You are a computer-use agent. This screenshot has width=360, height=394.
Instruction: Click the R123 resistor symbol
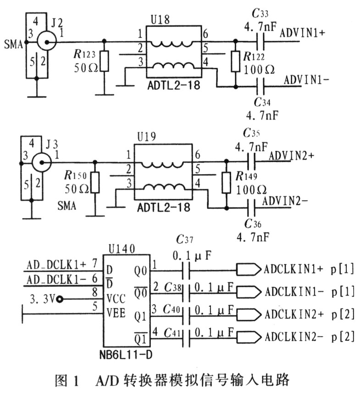click(105, 61)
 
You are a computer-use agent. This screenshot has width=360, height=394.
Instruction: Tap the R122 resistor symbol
click(235, 61)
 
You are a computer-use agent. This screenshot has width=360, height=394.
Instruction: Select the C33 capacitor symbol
click(260, 41)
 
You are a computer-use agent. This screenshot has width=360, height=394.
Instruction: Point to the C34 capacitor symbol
click(260, 87)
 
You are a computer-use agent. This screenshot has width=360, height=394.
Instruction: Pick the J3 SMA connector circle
click(42, 163)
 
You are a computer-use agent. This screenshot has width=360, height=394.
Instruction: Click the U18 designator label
click(160, 19)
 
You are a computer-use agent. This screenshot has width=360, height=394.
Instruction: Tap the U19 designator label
click(147, 137)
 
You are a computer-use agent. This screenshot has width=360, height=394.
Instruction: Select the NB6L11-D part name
click(126, 355)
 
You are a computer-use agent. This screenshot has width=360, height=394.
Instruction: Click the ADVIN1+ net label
click(303, 33)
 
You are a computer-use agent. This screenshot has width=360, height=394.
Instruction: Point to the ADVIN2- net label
click(285, 201)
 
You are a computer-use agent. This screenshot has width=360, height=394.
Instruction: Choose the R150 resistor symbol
click(95, 183)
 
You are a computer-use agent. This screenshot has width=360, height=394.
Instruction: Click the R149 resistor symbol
click(227, 183)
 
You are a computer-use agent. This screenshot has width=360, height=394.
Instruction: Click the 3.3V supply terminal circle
click(60, 299)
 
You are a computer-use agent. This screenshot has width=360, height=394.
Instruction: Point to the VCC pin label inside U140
click(116, 299)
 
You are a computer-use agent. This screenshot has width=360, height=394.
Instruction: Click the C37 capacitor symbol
click(186, 271)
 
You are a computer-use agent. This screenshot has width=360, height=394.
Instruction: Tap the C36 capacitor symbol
click(251, 208)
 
